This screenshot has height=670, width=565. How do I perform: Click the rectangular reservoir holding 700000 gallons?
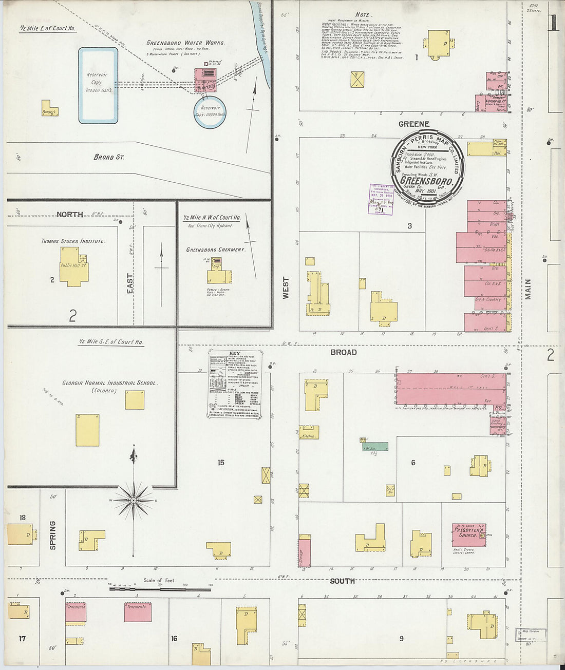(x=98, y=86)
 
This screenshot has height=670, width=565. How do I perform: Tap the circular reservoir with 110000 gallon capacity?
(x=210, y=112)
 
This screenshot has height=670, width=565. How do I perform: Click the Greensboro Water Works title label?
(x=185, y=43)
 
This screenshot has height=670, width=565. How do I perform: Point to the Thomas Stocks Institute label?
(x=73, y=241)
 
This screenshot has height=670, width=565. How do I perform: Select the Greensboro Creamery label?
(x=215, y=250)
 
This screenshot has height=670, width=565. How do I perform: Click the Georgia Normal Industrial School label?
(x=110, y=383)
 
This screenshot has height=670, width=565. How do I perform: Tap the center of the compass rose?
(x=134, y=500)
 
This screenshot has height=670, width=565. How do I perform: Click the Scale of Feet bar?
(x=160, y=588)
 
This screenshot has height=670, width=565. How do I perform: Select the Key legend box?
(x=235, y=384)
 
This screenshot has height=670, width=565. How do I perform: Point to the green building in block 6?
(x=375, y=447)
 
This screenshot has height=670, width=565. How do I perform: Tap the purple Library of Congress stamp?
(x=381, y=199)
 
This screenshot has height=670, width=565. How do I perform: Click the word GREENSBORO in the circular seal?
(x=426, y=181)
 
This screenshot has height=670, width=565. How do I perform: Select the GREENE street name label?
(x=413, y=124)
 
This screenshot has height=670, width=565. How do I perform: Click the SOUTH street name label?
(x=343, y=581)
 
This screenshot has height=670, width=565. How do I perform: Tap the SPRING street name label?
(x=52, y=535)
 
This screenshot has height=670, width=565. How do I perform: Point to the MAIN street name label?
(x=528, y=289)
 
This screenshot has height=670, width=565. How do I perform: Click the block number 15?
(x=221, y=463)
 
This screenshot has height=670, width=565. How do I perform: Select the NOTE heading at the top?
(x=363, y=15)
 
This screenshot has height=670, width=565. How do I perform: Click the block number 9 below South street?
(x=401, y=639)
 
